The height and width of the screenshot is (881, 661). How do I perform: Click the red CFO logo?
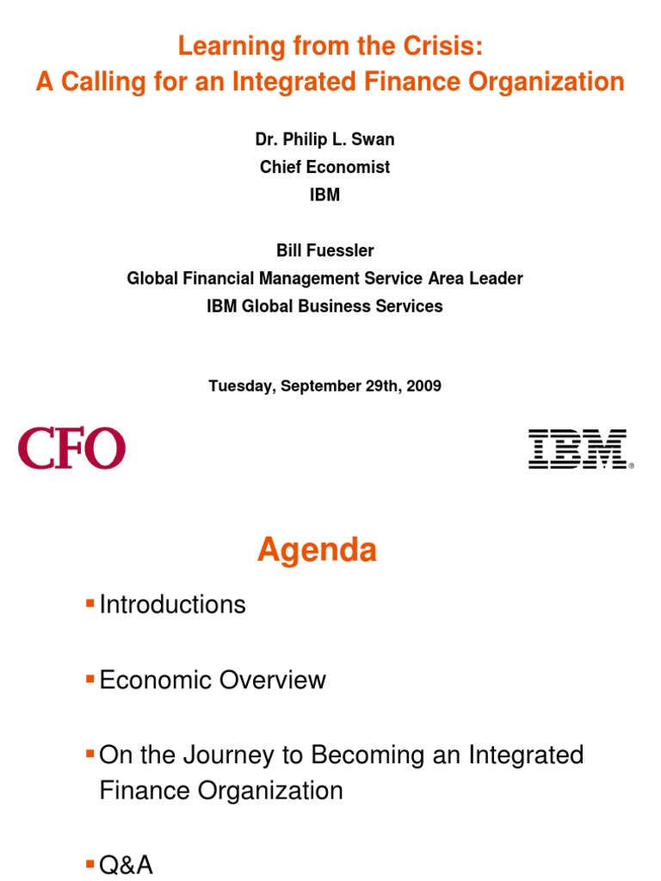pyautogui.click(x=71, y=449)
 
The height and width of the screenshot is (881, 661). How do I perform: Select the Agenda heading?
pyautogui.click(x=317, y=550)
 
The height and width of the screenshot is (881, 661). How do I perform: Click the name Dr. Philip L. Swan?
pyautogui.click(x=324, y=139)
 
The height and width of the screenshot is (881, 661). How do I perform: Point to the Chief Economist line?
pyautogui.click(x=324, y=167)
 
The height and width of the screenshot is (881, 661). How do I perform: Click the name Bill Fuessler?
pyautogui.click(x=324, y=250)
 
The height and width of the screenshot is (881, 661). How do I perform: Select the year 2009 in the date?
pyautogui.click(x=423, y=386)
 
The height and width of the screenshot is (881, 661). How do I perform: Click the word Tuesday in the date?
pyautogui.click(x=238, y=386)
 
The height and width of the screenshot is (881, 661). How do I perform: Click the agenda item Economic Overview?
pyautogui.click(x=213, y=680)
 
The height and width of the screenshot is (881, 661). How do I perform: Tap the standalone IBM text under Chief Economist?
pyautogui.click(x=324, y=194)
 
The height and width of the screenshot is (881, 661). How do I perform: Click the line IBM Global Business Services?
pyautogui.click(x=324, y=305)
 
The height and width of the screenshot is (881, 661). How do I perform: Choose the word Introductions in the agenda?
pyautogui.click(x=172, y=605)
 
